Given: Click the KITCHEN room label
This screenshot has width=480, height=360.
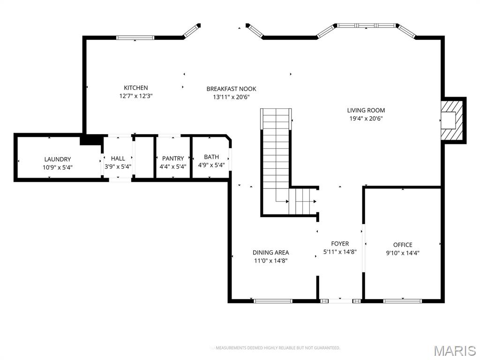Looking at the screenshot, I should [135, 88].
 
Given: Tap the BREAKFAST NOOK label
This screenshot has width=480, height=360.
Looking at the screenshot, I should [231, 89].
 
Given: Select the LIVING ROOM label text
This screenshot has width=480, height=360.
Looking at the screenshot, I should [366, 110].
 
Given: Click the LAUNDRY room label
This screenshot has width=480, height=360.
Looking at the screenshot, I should [58, 159].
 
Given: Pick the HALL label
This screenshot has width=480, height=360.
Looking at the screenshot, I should [118, 158].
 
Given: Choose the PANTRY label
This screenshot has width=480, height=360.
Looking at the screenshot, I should [173, 158].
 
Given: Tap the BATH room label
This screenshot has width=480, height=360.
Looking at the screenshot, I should [211, 157].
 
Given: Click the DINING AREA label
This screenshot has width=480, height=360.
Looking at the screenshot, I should [270, 253].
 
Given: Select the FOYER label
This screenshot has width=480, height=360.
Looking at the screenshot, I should [340, 243].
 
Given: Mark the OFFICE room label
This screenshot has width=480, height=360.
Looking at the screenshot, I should [403, 245].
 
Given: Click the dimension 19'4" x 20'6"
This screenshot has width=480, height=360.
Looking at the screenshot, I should [366, 119].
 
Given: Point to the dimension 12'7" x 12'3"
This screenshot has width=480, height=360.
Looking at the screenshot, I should [136, 96].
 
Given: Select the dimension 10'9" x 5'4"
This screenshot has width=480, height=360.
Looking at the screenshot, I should [58, 167].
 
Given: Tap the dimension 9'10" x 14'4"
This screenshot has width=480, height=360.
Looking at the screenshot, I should [403, 253].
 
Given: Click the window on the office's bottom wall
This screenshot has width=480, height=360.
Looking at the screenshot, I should [402, 300].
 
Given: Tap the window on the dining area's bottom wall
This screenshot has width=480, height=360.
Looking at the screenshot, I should [273, 300].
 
